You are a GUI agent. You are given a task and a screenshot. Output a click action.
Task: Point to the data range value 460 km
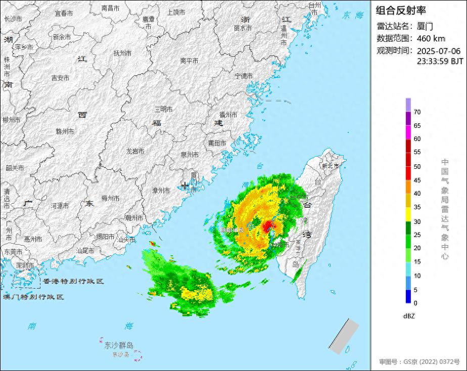click(431, 38)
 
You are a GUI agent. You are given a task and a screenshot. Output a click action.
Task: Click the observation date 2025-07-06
click(438, 51)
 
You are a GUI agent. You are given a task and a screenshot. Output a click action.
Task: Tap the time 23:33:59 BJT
click(440, 61)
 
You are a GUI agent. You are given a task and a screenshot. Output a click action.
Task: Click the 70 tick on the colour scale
click(417, 112)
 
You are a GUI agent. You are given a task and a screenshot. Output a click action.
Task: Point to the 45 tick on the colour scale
click(417, 180)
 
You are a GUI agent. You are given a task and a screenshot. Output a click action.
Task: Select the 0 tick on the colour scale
click(415, 303)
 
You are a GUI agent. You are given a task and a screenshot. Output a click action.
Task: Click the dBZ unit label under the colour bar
click(409, 316)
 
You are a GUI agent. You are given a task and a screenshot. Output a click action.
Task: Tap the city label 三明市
click(163, 109)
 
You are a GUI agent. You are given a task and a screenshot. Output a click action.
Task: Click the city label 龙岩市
click(135, 151)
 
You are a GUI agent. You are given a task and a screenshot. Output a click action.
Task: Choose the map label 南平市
click(189, 61)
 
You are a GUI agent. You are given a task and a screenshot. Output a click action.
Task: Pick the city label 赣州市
click(65, 131)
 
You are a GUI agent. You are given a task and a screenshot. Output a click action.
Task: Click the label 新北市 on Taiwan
click(331, 166)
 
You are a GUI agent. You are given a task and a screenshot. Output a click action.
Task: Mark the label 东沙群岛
click(119, 346)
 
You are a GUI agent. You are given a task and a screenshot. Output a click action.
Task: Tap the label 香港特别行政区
click(73, 281)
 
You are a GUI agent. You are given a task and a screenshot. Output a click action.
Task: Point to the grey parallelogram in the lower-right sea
click(344, 336)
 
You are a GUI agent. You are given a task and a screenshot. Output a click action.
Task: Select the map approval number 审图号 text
click(419, 362)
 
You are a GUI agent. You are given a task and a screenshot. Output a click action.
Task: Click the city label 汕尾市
click(85, 250)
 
